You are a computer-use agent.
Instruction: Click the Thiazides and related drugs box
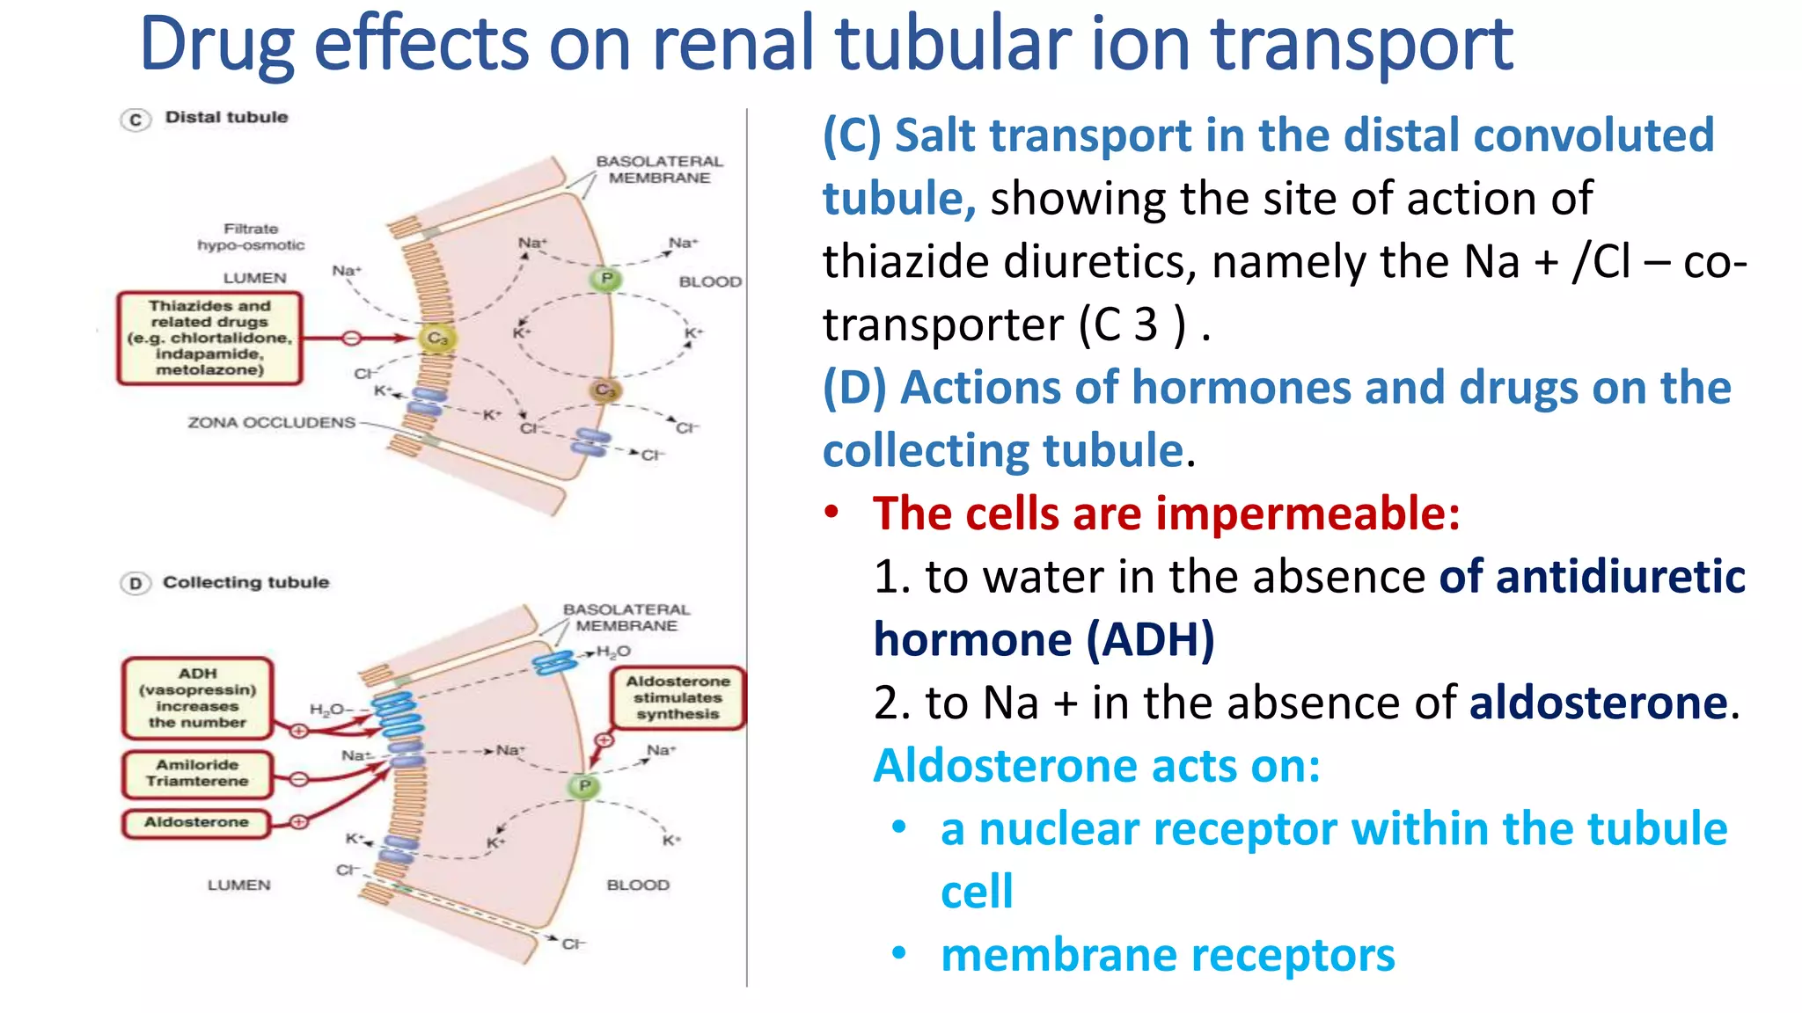[x=209, y=339]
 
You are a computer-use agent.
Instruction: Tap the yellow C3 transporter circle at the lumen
[x=437, y=339]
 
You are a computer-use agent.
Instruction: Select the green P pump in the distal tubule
[x=606, y=280]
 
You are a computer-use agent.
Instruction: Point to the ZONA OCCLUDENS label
[x=271, y=423]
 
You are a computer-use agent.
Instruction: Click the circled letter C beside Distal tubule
[x=136, y=120]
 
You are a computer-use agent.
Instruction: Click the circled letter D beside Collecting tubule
[x=136, y=584]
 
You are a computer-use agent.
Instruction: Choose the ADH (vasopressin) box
[x=197, y=698]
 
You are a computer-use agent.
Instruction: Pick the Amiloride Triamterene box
[x=197, y=774]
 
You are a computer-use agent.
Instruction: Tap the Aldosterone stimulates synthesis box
[x=678, y=697]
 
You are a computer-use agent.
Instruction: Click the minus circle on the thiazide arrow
[x=351, y=339]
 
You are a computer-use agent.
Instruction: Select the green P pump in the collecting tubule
[x=584, y=785]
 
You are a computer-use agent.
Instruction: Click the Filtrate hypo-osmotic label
[x=251, y=237]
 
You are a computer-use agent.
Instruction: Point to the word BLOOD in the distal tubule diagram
[x=710, y=282]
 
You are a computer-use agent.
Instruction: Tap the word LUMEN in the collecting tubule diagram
[x=238, y=885]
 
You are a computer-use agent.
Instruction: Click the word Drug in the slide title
[x=216, y=46]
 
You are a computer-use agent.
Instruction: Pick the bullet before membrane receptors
[x=898, y=953]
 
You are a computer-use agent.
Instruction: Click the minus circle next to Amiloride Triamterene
[x=299, y=779]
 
